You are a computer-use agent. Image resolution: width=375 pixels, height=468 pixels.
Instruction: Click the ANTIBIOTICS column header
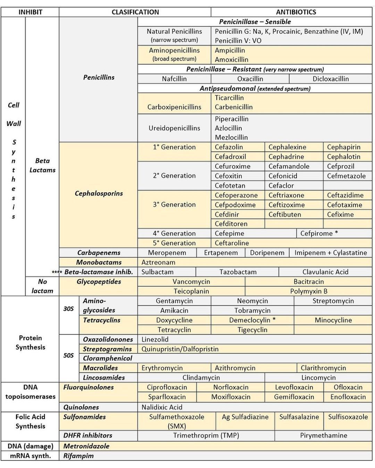(296, 12)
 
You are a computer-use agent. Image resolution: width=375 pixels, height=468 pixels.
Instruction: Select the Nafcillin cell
(174, 79)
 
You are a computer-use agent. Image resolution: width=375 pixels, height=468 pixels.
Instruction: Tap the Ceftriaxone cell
(286, 195)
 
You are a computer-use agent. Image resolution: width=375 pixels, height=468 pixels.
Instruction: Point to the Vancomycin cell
(191, 282)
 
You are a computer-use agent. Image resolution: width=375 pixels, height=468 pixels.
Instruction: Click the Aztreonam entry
(158, 262)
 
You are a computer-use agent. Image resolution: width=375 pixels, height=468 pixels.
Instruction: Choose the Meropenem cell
(167, 253)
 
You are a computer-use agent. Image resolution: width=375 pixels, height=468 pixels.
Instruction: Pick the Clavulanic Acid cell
(325, 272)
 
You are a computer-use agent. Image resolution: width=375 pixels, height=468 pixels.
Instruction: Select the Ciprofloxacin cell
(167, 387)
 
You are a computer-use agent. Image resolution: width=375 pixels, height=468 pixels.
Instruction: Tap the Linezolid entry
(155, 339)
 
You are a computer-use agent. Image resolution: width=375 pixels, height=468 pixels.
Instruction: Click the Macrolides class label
(100, 368)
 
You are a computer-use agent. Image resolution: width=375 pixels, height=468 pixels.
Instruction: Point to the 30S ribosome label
(68, 308)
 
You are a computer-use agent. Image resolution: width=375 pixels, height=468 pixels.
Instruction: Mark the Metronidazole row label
(86, 446)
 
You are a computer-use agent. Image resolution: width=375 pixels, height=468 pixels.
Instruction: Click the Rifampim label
(78, 456)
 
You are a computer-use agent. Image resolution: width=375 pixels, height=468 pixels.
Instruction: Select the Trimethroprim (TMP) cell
(206, 435)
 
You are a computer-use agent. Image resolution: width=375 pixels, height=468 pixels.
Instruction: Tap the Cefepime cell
(230, 233)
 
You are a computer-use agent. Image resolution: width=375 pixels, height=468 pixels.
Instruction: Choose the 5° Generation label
(174, 243)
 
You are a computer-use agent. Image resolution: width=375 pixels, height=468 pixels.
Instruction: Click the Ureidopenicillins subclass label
(174, 128)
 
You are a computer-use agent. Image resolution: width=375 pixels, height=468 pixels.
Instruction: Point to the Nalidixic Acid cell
(162, 407)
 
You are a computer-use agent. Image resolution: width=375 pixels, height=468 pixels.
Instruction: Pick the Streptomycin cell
(333, 301)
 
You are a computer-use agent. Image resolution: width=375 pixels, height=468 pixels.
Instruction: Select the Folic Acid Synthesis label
(30, 421)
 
